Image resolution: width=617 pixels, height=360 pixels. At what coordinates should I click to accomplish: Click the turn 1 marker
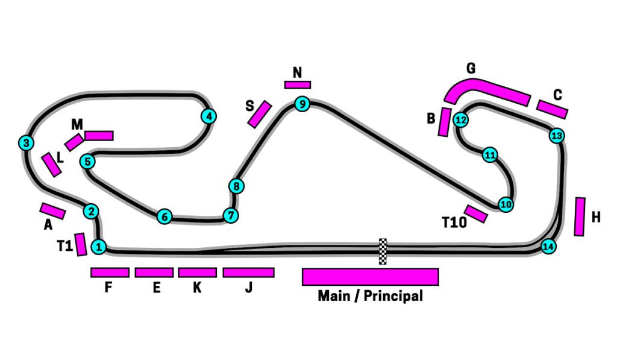[99, 246]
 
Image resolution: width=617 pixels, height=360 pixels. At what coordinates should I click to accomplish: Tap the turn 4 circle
[208, 116]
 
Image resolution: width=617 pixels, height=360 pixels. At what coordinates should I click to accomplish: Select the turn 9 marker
[302, 104]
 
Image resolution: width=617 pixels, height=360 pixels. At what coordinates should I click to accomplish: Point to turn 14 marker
[548, 247]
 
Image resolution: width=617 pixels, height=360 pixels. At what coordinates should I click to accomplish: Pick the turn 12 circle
[461, 119]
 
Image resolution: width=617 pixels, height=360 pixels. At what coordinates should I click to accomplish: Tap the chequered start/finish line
[383, 251]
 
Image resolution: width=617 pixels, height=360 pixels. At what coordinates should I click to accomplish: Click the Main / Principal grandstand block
[370, 276]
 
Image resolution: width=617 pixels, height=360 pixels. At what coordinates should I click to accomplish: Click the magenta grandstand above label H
[580, 216]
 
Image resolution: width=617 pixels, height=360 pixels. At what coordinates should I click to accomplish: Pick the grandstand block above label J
[248, 273]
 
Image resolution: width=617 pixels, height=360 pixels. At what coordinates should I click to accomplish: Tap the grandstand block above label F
[110, 273]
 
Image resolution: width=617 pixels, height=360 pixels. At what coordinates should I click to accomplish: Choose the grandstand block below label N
[298, 85]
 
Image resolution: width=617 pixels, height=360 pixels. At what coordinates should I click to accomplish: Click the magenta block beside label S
[259, 114]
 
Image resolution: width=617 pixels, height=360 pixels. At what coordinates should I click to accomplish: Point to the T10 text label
[454, 223]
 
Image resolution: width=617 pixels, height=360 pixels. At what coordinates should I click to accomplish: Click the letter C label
[557, 95]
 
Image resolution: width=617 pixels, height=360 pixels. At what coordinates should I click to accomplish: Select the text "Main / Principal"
[370, 296]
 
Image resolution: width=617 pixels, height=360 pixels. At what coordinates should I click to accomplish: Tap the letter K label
[197, 288]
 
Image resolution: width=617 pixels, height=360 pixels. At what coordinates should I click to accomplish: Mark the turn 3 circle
[26, 143]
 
